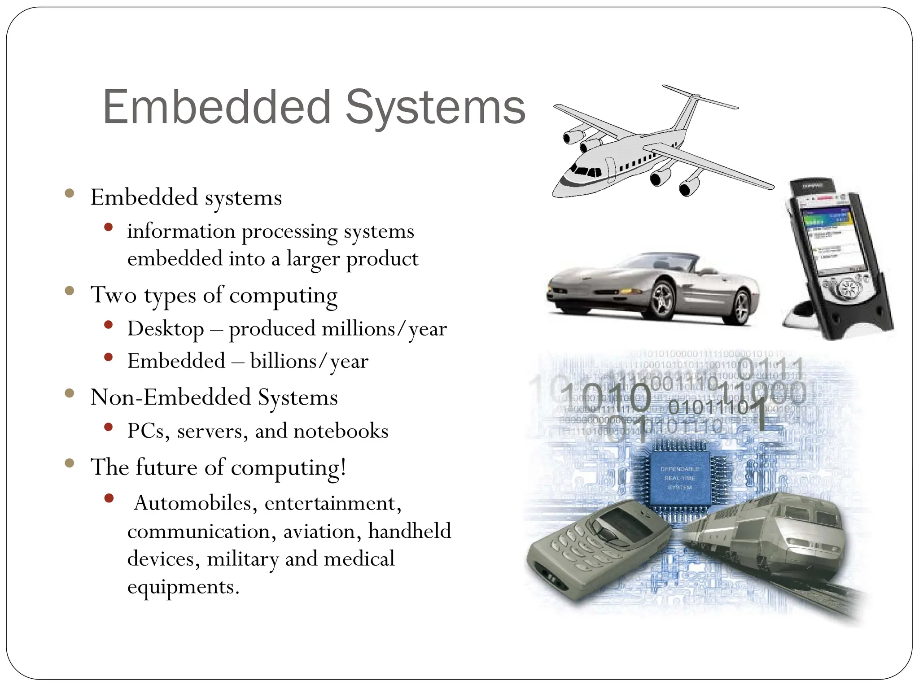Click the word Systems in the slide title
[x=435, y=108]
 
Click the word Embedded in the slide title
[x=217, y=108]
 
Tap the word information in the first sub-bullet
[x=181, y=231]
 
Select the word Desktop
[x=166, y=329]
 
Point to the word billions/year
[x=309, y=361]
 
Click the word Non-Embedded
[x=171, y=397]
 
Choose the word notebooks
[x=341, y=431]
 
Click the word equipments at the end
[x=183, y=587]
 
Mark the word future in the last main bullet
[x=166, y=467]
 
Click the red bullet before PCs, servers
[x=108, y=427]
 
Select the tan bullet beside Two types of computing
[x=69, y=291]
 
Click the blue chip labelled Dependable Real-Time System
[x=679, y=478]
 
